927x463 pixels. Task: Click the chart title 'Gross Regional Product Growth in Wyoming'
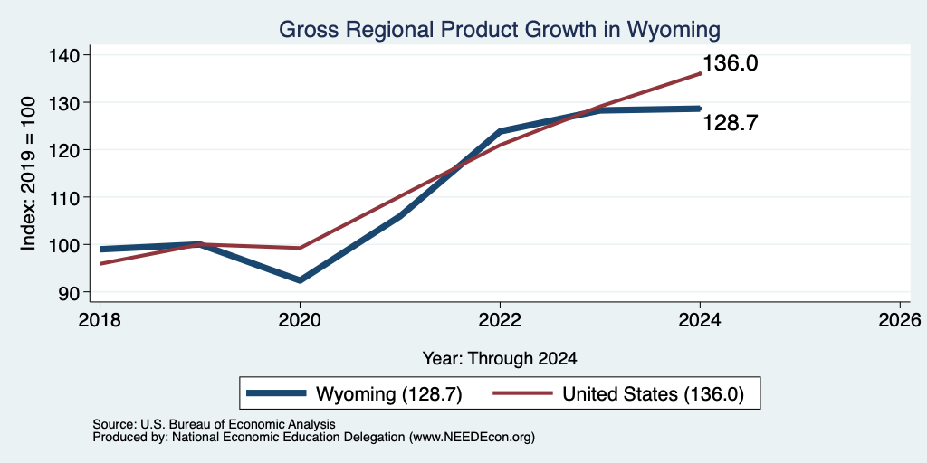coord(500,29)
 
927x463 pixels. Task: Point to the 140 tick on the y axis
coord(66,55)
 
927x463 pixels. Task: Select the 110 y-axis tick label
coord(66,197)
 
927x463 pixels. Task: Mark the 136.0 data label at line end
coord(731,63)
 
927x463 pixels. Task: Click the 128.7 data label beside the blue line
coord(731,123)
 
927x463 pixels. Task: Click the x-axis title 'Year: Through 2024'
coord(500,358)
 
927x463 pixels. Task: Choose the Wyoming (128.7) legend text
coord(388,393)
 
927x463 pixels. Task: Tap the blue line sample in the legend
coord(277,393)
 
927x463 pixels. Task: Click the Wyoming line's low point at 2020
coord(300,280)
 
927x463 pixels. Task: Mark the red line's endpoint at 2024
coord(700,74)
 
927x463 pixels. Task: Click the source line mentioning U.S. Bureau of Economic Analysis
coord(214,424)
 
